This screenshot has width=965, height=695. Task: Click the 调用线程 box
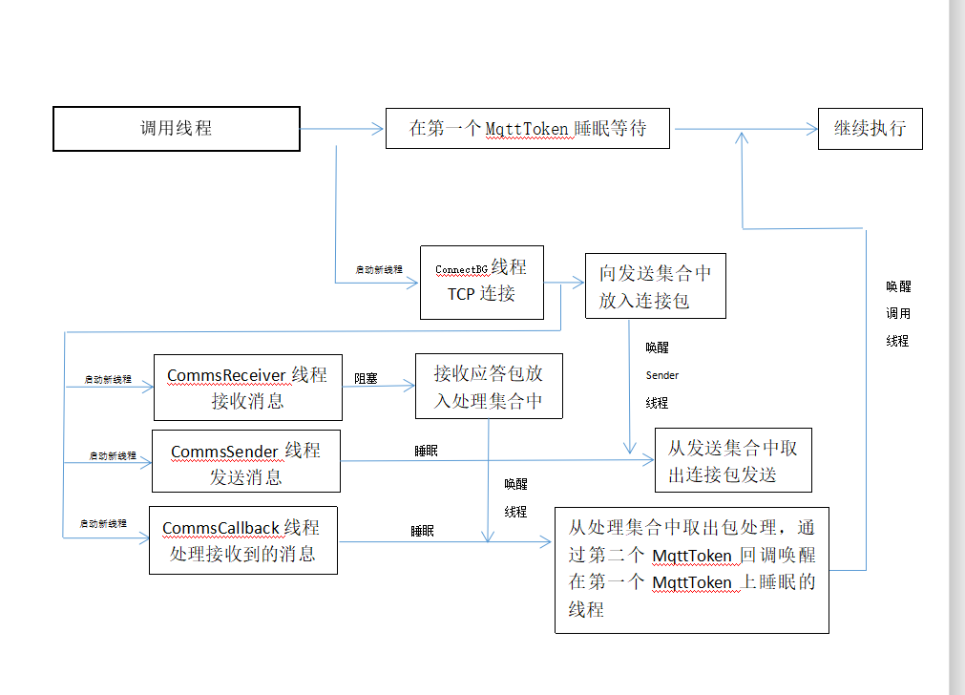coord(177,129)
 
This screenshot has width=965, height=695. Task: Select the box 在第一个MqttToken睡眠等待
coord(527,128)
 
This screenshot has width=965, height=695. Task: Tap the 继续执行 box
coord(870,128)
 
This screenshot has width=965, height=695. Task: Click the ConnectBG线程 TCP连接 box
coord(481,282)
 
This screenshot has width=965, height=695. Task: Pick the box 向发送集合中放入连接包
coord(655,285)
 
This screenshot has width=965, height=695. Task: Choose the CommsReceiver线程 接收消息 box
coord(247,387)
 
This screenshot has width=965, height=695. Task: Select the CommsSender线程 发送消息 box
coord(246,463)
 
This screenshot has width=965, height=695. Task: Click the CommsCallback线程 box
coord(242,540)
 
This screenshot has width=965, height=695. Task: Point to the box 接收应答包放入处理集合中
coord(488,386)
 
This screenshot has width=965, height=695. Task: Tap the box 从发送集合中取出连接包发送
coord(732,460)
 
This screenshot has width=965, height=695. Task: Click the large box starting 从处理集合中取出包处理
coord(691,569)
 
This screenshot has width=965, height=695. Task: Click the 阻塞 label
coord(366,378)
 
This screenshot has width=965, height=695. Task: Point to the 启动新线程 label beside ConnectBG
coord(379,270)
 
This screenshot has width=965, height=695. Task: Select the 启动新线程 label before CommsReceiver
coord(108,379)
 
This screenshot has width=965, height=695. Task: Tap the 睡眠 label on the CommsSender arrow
coord(426,451)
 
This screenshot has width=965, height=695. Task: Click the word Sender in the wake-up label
coord(661,375)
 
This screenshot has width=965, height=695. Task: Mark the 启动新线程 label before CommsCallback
coord(103,523)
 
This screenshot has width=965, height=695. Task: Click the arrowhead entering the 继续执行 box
coord(811,129)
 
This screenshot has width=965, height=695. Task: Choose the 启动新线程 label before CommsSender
coord(113,455)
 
